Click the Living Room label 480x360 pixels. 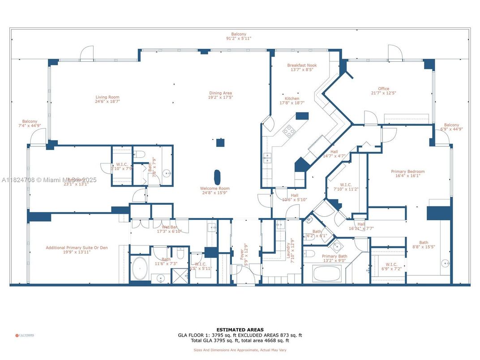[x=107, y=97]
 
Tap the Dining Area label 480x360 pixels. [x=220, y=93]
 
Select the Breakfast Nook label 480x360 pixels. [x=302, y=65]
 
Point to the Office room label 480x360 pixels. [x=383, y=89]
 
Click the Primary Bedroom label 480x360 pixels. [x=407, y=171]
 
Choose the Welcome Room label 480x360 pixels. [x=215, y=189]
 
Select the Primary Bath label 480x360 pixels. [x=334, y=257]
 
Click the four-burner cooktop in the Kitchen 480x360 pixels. [x=289, y=131]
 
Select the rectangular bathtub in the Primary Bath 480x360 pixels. [x=326, y=273]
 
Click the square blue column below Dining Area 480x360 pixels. [x=220, y=143]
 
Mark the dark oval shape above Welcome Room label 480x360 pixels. [x=218, y=176]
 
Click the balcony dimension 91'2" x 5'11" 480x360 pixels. [x=239, y=39]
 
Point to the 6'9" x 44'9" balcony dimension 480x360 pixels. [x=451, y=129]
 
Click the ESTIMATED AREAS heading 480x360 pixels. [x=240, y=330]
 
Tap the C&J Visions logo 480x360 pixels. [x=25, y=335]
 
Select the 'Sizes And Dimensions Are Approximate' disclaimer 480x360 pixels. [x=240, y=350]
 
